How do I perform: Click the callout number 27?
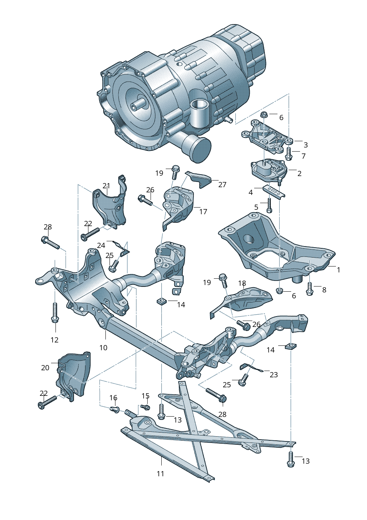point(222,185)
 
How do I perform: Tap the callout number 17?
point(203,212)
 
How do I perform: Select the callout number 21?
point(107,186)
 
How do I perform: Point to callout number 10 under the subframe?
point(103,347)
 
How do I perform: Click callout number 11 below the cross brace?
point(160,473)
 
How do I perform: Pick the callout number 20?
point(45,368)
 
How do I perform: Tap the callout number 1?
point(338,270)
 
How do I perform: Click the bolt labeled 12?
point(55,312)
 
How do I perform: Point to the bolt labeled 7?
point(289,153)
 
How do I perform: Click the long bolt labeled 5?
point(269,205)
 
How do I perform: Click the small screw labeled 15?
point(145,407)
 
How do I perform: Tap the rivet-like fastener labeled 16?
point(115,409)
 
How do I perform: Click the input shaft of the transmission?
point(135,105)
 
